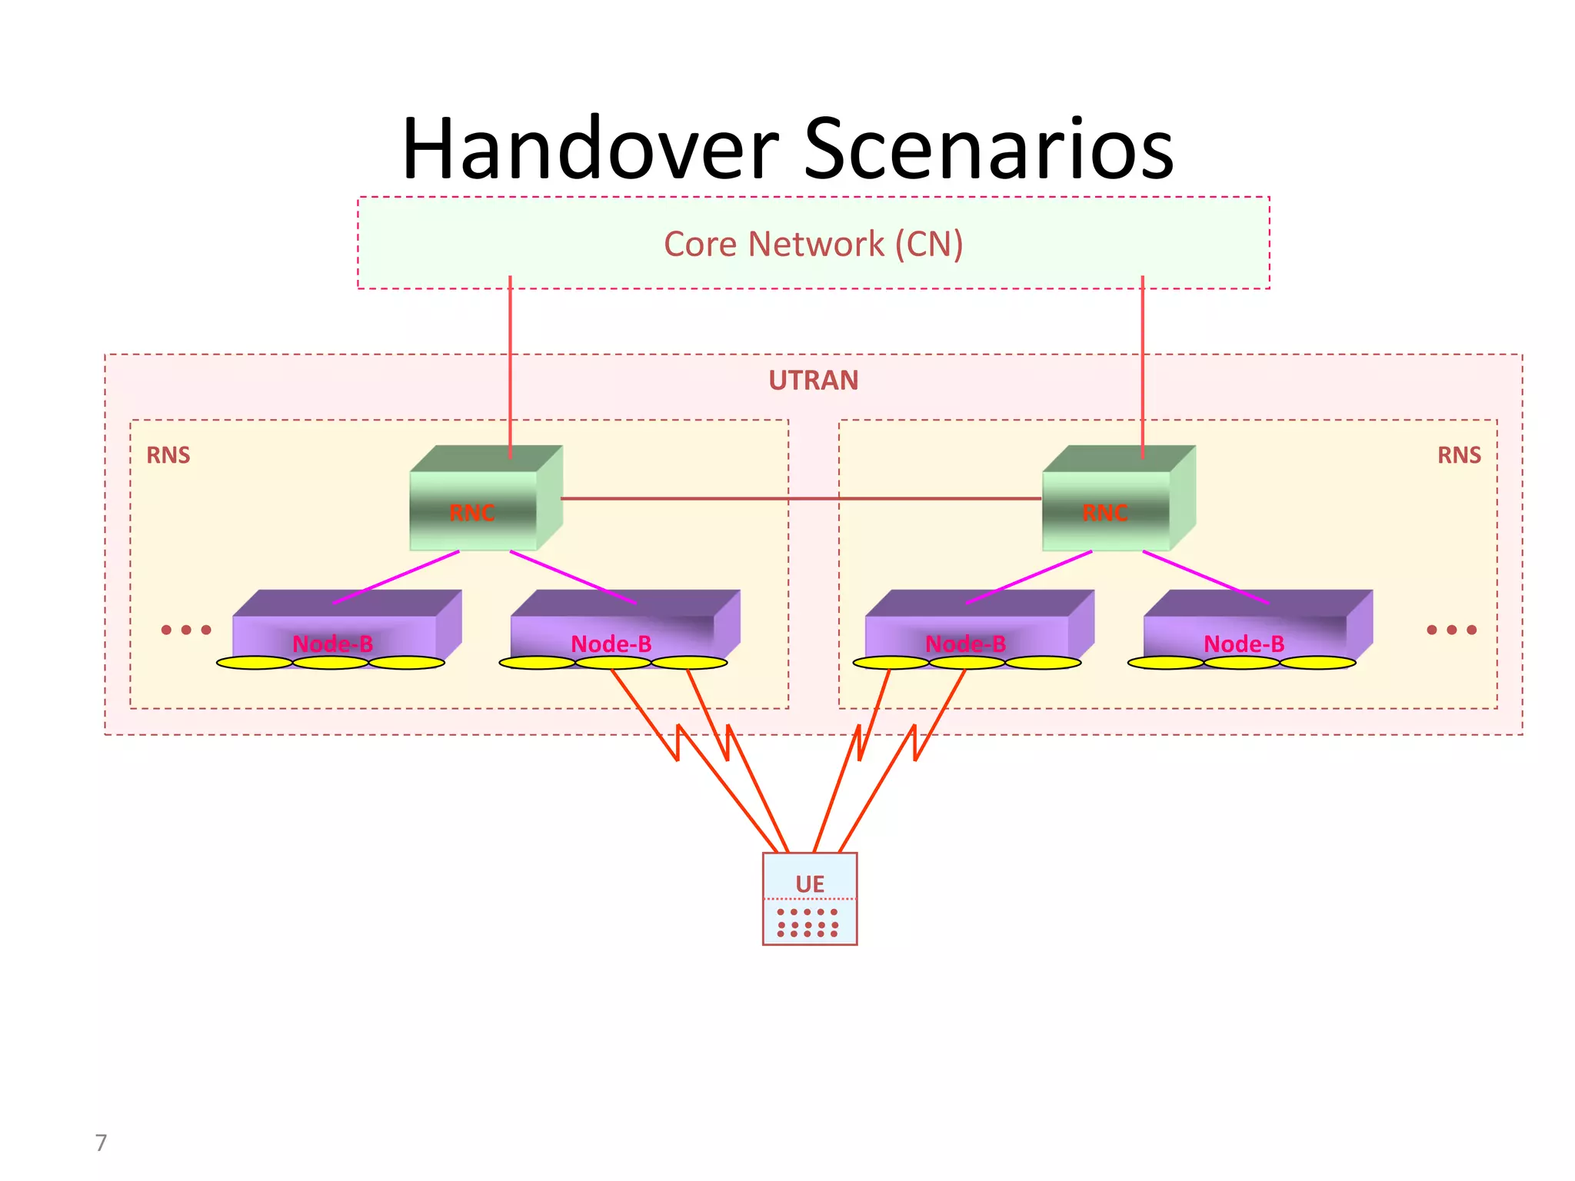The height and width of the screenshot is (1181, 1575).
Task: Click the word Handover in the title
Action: (x=591, y=149)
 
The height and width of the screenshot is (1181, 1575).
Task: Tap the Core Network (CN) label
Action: (x=813, y=245)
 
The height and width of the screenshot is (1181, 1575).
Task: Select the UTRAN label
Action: (x=813, y=381)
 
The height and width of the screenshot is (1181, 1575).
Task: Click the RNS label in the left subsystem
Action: (x=168, y=455)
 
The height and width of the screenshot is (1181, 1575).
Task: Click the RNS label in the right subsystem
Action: (x=1459, y=455)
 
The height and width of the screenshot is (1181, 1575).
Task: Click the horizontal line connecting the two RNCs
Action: (x=800, y=498)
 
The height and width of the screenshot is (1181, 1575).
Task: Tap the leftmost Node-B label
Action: (x=333, y=644)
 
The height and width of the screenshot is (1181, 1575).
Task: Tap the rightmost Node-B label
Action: (x=1244, y=644)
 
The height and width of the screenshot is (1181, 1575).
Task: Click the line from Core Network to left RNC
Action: (x=510, y=361)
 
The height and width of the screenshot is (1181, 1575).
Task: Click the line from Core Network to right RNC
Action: (x=1142, y=361)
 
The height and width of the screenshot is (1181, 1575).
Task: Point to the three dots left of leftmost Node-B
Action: (x=186, y=630)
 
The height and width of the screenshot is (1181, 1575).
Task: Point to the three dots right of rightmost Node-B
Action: (x=1451, y=630)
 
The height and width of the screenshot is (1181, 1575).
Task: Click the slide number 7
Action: (x=101, y=1143)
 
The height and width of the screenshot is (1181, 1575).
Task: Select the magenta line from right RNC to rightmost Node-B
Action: (x=1204, y=577)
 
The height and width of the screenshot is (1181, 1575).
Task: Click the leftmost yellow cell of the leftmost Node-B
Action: (x=255, y=663)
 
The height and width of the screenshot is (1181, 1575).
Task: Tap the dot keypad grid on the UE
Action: (x=807, y=923)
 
